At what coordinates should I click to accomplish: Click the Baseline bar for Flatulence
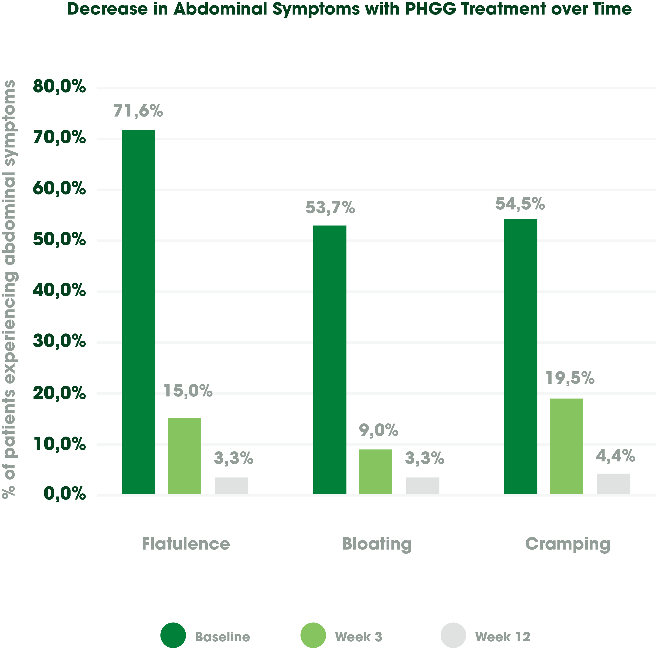(x=138, y=312)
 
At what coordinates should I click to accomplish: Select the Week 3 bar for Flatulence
(x=184, y=456)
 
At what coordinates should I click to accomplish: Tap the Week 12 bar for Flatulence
(x=232, y=485)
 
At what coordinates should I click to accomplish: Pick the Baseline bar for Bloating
(x=330, y=360)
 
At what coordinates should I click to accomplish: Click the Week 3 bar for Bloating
(x=376, y=472)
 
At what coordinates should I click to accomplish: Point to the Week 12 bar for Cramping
(x=613, y=484)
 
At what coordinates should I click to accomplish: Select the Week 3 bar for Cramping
(x=566, y=446)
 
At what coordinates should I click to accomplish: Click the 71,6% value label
(x=138, y=111)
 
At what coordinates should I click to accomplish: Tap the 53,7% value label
(x=330, y=208)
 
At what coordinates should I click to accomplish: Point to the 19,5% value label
(x=570, y=378)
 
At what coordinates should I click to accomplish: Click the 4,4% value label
(x=615, y=456)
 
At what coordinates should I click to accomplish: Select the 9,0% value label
(x=379, y=430)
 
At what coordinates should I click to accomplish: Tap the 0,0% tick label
(x=65, y=494)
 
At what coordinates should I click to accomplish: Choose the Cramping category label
(x=568, y=544)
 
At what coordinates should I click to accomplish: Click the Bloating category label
(x=377, y=544)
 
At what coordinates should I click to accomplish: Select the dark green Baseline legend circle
(x=173, y=635)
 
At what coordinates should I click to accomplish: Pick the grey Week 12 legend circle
(x=453, y=635)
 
